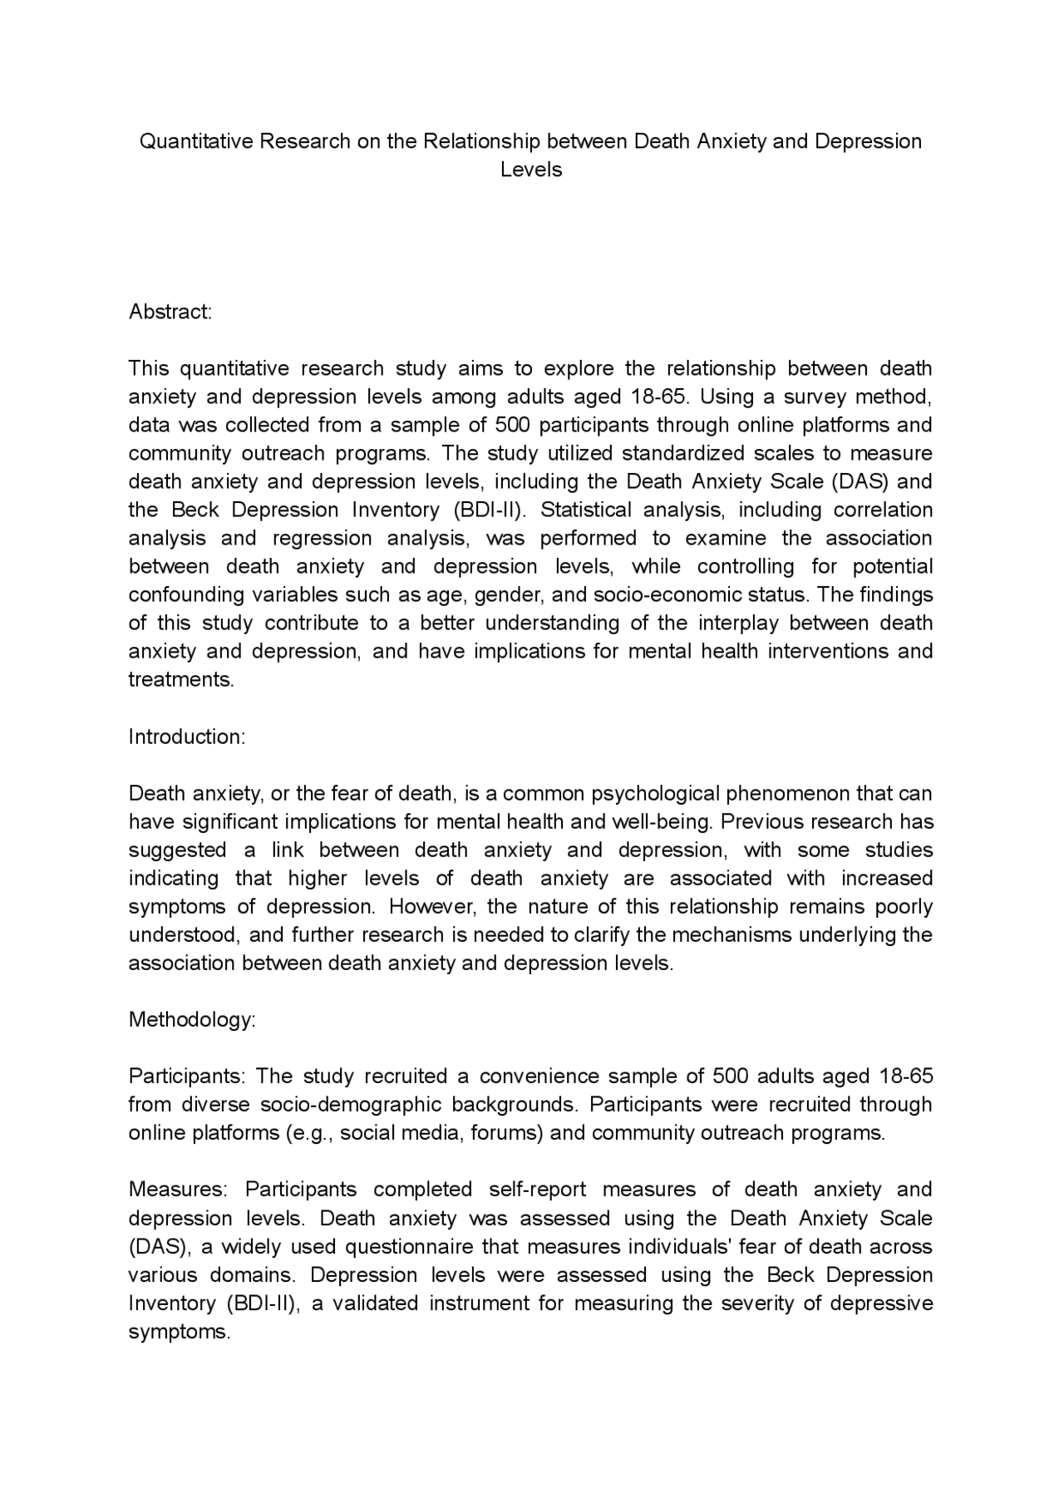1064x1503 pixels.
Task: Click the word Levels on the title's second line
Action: click(x=531, y=170)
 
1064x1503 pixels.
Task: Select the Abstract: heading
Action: click(x=170, y=312)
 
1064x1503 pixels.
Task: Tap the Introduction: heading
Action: click(x=187, y=737)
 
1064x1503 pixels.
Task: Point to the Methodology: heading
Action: click(x=192, y=1020)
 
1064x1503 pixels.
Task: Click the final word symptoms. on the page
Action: click(x=179, y=1332)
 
